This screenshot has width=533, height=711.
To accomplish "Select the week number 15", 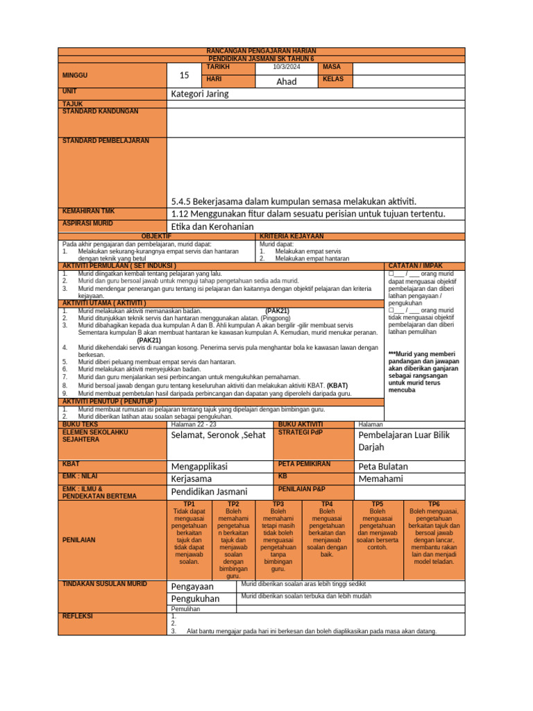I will [183, 74].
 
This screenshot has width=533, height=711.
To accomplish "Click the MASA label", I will [331, 67].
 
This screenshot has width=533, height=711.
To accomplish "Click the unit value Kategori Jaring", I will [199, 94].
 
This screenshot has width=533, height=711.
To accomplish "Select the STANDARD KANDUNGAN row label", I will [100, 111].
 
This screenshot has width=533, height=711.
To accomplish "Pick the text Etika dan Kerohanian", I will [212, 226].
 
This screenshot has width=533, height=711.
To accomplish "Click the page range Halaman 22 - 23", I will [194, 424].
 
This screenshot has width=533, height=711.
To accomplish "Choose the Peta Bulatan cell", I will [383, 467].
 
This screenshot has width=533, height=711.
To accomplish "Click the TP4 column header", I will [327, 503].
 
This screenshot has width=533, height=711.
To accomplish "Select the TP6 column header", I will [434, 503].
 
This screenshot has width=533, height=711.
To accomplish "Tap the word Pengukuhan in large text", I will [195, 599].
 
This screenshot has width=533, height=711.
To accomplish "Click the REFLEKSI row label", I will [78, 616].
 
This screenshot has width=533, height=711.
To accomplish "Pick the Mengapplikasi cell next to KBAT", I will [199, 467].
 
